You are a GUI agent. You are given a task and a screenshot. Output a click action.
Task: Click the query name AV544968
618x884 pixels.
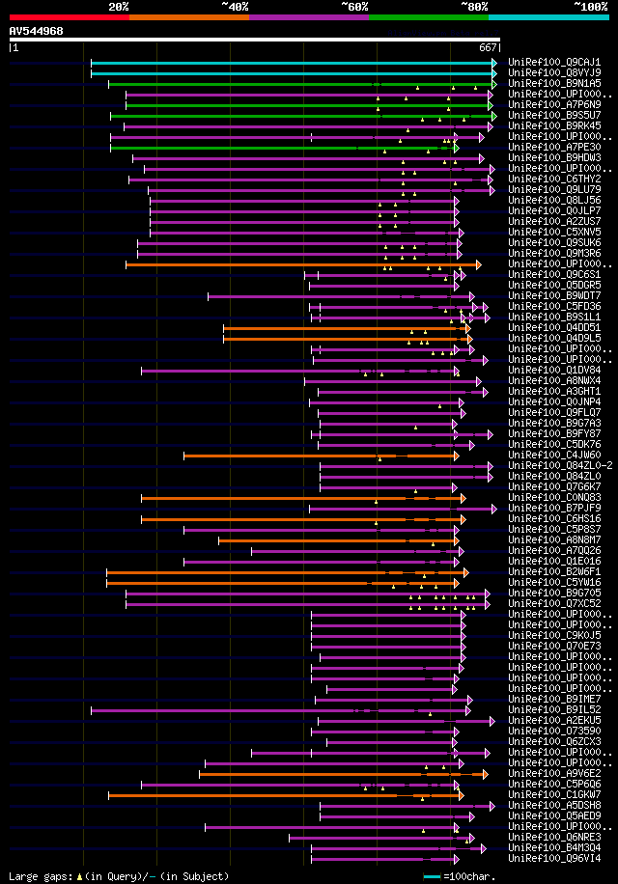pos(37,31)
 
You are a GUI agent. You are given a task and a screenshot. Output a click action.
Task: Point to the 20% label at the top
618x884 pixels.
pos(119,7)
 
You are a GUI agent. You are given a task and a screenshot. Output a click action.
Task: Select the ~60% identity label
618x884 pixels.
pos(354,7)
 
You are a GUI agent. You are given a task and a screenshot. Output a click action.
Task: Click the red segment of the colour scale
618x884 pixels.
pos(69,17)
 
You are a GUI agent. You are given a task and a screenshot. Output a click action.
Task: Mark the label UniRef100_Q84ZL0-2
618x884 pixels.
pos(560,465)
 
